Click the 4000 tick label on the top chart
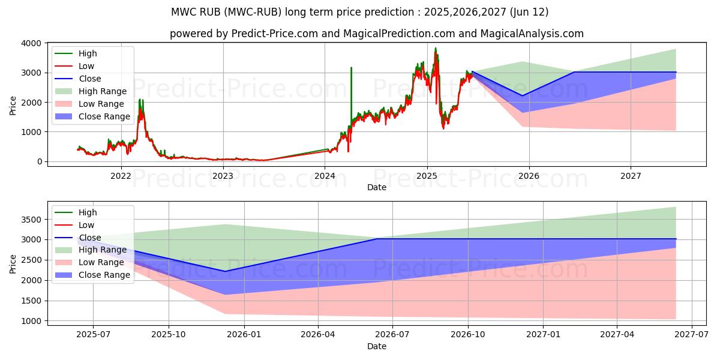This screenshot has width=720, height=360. pyautogui.click(x=31, y=43)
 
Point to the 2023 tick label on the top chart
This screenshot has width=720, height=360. pyautogui.click(x=223, y=176)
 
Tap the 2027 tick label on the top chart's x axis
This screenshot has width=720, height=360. pyautogui.click(x=631, y=176)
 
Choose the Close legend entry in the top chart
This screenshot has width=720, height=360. pyautogui.click(x=90, y=79)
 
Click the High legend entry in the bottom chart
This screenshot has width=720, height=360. pyautogui.click(x=87, y=212)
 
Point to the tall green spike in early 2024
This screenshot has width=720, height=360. pyautogui.click(x=351, y=68)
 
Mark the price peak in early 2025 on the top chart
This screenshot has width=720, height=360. pyautogui.click(x=436, y=49)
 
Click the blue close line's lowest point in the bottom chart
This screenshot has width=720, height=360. pyautogui.click(x=226, y=271)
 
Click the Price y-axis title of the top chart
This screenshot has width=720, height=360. pyautogui.click(x=13, y=106)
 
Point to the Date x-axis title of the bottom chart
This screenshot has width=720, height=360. pyautogui.click(x=376, y=346)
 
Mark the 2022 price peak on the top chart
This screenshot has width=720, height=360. pyautogui.click(x=140, y=100)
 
